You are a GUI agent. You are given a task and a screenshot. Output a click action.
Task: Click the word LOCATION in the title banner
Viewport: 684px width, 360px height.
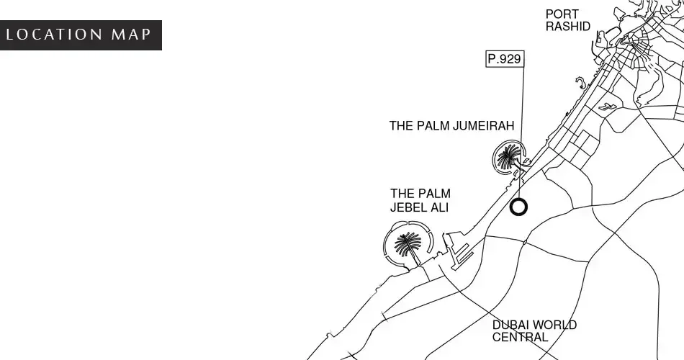[55, 35]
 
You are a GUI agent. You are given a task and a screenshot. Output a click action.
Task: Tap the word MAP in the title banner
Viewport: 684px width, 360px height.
[131, 35]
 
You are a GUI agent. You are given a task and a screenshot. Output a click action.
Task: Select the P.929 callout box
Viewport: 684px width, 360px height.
[505, 59]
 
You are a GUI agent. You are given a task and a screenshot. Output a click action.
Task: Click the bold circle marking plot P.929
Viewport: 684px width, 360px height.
[518, 207]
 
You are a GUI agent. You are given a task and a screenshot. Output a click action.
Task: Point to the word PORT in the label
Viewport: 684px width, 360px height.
[562, 14]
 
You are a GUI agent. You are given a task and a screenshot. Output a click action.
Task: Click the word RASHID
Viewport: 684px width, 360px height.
[568, 27]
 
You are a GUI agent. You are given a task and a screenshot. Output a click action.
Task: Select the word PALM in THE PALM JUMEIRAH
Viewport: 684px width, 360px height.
[433, 126]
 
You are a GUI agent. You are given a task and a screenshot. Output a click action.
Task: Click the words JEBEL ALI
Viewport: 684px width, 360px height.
[419, 207]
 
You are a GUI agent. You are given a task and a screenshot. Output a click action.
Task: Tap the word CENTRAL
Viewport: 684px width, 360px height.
[520, 337]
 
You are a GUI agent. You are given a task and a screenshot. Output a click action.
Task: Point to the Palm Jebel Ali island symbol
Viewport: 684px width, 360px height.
[408, 243]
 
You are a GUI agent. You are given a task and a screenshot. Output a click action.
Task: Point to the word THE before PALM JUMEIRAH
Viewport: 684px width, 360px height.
[401, 126]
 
